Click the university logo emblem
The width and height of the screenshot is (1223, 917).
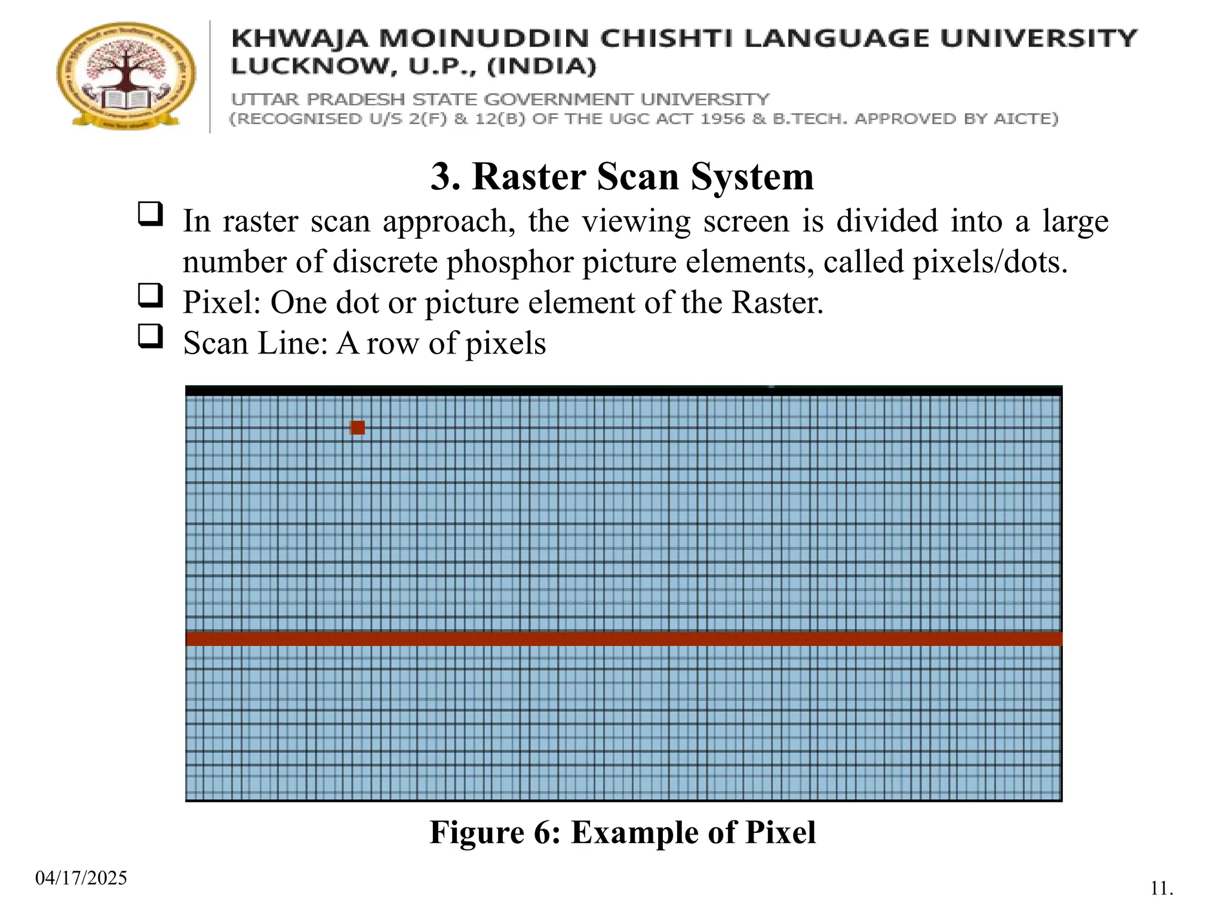(x=126, y=76)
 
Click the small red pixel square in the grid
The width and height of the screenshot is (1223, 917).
(x=357, y=427)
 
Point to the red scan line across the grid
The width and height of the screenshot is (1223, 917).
(x=623, y=638)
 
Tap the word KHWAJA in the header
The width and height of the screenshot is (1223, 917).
(x=299, y=39)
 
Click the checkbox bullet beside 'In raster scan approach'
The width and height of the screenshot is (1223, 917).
(x=150, y=214)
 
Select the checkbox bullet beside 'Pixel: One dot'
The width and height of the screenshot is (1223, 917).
(x=150, y=296)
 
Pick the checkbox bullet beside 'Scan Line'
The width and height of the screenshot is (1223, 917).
(x=150, y=336)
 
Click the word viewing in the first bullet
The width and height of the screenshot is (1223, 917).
(x=636, y=221)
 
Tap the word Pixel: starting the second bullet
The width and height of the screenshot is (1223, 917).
(x=222, y=303)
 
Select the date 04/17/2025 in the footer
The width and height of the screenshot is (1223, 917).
(x=81, y=878)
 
